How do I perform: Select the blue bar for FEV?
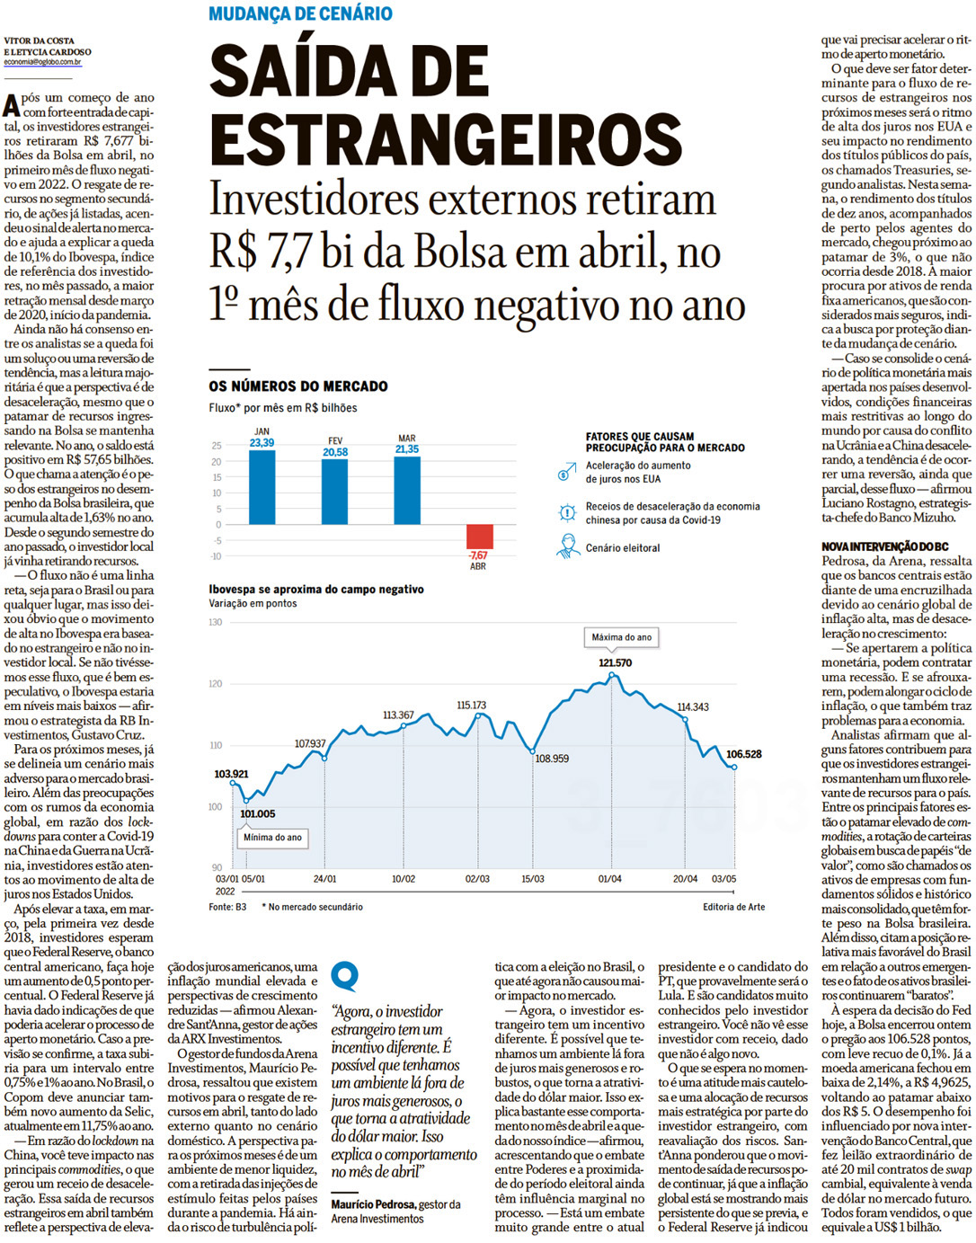coord(334,492)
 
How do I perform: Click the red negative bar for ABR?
coord(479,537)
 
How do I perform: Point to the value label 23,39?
coord(262,443)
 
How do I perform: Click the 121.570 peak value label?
coord(615,663)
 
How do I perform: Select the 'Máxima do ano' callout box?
coord(621,637)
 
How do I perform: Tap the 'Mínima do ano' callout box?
coord(272,838)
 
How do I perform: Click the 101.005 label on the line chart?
coord(258,814)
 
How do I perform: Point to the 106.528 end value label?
coord(743,754)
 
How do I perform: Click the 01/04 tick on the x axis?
coord(609,879)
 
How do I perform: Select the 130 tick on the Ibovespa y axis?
coord(216,622)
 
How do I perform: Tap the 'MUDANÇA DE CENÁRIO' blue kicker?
coord(300,13)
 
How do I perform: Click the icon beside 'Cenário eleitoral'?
coord(568,546)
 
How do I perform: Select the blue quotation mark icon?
coord(344,976)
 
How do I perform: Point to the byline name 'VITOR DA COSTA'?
coord(40,40)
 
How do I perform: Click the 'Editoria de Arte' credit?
coord(733,907)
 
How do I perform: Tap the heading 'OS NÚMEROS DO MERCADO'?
coord(298,386)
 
